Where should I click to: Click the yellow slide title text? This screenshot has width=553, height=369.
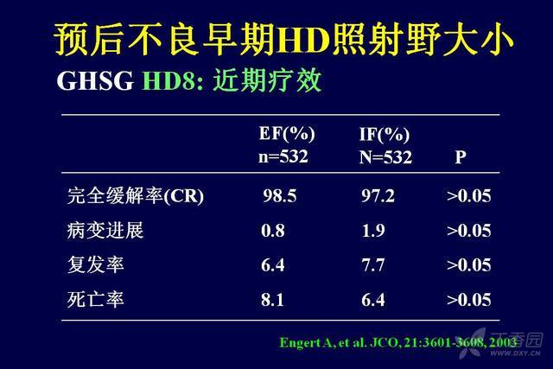(x=283, y=39)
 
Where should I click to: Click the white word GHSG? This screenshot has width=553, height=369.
(x=95, y=80)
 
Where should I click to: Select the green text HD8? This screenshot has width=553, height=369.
(x=168, y=80)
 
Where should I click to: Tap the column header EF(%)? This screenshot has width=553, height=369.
(x=287, y=134)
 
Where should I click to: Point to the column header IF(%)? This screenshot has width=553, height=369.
(x=385, y=135)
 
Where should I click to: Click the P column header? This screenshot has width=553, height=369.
(x=461, y=156)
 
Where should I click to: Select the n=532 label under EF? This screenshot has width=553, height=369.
(x=283, y=156)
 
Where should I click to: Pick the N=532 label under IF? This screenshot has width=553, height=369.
(x=385, y=156)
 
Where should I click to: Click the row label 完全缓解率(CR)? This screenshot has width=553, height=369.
(x=136, y=196)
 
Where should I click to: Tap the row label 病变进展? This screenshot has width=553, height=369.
(x=105, y=231)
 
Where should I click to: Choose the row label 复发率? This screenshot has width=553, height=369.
(x=96, y=265)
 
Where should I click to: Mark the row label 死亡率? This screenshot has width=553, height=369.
(x=96, y=300)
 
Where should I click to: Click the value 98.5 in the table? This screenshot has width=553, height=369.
(x=280, y=196)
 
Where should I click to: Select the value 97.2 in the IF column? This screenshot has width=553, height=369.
(x=378, y=196)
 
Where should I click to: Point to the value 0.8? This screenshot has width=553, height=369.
(x=273, y=231)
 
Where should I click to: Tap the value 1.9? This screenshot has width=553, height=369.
(x=373, y=231)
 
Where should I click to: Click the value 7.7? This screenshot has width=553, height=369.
(x=373, y=265)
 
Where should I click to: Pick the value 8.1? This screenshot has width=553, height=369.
(x=272, y=300)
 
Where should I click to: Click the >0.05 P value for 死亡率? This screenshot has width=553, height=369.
(x=468, y=300)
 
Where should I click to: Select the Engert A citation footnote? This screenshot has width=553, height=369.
(x=398, y=342)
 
